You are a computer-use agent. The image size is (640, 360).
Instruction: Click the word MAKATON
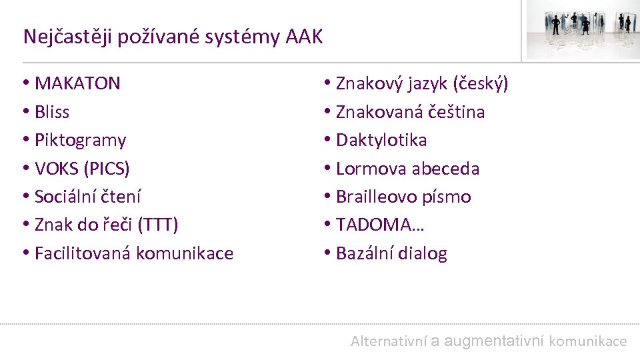click(x=77, y=83)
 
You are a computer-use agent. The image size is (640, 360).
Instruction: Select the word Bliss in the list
click(x=52, y=112)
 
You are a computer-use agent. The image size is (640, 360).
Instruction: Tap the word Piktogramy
click(x=80, y=140)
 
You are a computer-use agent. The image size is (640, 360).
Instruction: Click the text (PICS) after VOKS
click(x=107, y=169)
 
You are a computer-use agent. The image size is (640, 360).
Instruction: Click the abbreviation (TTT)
click(x=157, y=225)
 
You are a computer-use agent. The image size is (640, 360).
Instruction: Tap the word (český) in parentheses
click(x=481, y=83)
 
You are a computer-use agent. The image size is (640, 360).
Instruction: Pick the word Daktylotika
click(x=381, y=140)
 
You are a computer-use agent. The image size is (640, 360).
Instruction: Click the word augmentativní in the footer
click(x=494, y=341)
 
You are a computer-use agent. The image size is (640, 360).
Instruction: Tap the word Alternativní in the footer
click(x=389, y=341)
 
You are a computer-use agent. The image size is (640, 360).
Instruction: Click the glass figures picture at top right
click(x=581, y=30)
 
